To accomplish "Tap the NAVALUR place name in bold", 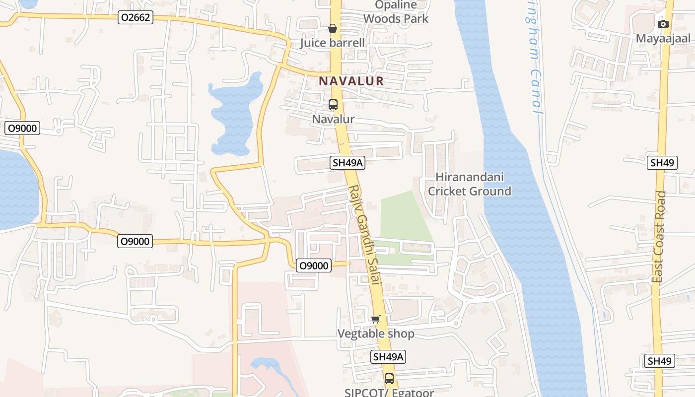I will (351, 81).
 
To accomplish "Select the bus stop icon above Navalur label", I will (333, 105).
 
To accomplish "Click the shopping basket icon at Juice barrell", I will (333, 29).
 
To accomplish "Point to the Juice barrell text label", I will (332, 43).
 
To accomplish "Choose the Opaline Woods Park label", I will (396, 12).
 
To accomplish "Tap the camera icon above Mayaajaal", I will (663, 24).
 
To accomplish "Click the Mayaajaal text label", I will (663, 39).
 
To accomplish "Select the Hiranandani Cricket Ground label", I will (469, 184).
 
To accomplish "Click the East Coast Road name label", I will (659, 237).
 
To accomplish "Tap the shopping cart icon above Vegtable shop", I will (376, 319).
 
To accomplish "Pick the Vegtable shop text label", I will (376, 333).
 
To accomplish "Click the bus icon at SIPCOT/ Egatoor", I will (389, 379).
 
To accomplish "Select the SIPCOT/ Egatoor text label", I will (389, 392).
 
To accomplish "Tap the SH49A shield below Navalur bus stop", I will (347, 162).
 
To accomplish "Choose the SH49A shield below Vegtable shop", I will (389, 356).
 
